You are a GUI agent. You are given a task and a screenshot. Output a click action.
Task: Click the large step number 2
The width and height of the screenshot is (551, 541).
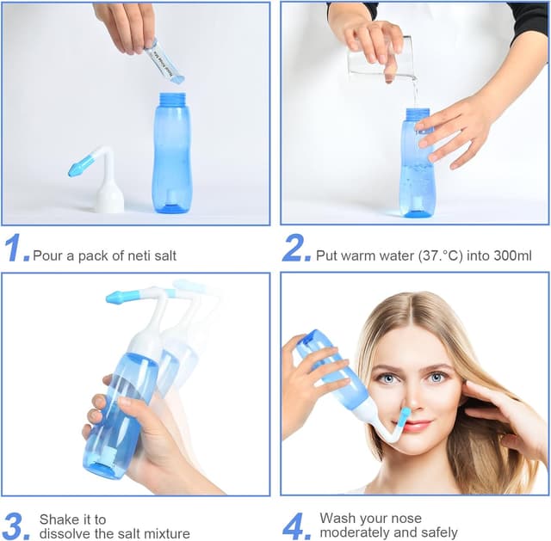pos(296,248)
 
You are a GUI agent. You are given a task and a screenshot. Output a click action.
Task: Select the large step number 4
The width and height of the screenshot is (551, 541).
pos(296,526)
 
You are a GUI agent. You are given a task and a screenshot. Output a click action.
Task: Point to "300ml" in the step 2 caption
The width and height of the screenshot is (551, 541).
pos(505,255)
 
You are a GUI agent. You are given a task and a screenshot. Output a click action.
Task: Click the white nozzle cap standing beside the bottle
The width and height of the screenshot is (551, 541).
pos(108,189)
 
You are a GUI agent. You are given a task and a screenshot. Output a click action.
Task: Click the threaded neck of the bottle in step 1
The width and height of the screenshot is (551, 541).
pos(171,100)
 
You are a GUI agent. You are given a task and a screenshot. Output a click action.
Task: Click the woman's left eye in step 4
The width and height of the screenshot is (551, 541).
pos(437,377)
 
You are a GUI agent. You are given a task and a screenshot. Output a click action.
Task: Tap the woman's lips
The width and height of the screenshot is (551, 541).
pos(416,426)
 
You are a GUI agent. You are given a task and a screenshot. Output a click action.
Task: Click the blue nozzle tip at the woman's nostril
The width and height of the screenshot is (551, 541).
pos(402,417)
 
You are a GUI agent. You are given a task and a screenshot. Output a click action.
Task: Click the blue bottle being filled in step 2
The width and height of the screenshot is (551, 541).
pos(418,168)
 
